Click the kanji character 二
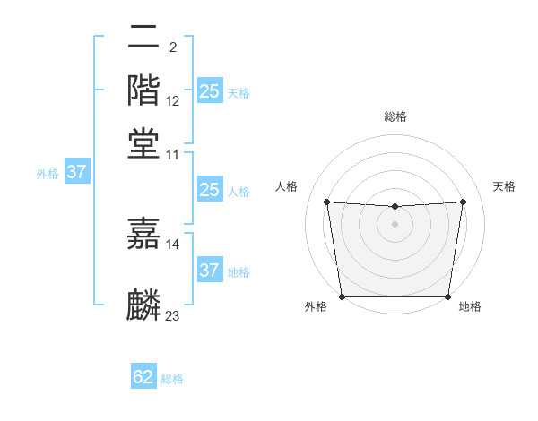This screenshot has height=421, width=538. (x=143, y=39)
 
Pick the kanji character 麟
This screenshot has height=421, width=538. (x=143, y=305)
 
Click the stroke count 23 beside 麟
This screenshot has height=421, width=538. (x=173, y=315)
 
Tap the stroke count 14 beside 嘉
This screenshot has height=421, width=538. (x=173, y=244)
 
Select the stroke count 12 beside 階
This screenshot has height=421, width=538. (x=173, y=100)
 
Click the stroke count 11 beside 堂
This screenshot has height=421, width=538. (x=173, y=154)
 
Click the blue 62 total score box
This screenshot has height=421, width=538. (x=143, y=377)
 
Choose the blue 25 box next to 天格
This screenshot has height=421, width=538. (x=209, y=91)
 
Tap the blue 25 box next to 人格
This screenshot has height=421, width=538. (x=209, y=190)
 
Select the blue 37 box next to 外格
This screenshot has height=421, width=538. (x=76, y=172)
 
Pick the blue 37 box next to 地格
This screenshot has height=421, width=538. (x=209, y=270)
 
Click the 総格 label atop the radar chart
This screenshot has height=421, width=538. (x=395, y=117)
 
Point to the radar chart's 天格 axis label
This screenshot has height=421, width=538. (x=504, y=186)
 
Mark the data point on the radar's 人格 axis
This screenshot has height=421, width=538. (x=327, y=202)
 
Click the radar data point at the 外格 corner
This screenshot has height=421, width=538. (x=342, y=296)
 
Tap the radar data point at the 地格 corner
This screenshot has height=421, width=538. (x=447, y=296)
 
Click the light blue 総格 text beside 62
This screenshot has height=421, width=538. (x=172, y=379)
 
